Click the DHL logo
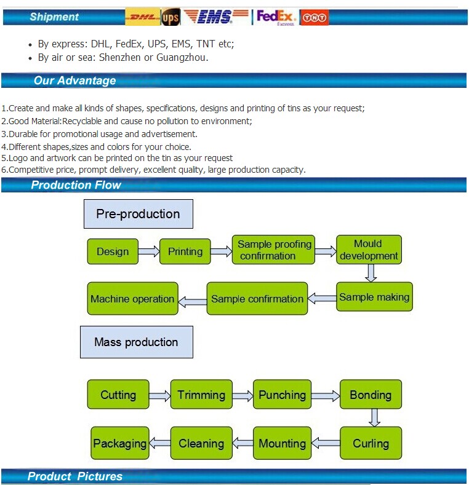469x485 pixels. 142,17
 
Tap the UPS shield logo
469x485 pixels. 170,18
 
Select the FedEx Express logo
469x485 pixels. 276,17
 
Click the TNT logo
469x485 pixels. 315,18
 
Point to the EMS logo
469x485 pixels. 216,17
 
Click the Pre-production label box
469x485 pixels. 138,214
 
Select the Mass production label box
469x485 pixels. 136,342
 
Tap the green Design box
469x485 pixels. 113,251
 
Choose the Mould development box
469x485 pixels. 369,250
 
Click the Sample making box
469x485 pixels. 374,298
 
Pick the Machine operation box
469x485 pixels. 132,299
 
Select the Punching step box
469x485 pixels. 282,395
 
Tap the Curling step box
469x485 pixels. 371,443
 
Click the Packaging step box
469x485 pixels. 119,443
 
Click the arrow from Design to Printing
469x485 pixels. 148,251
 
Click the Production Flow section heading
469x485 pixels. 76,185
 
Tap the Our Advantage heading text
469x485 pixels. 74,81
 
